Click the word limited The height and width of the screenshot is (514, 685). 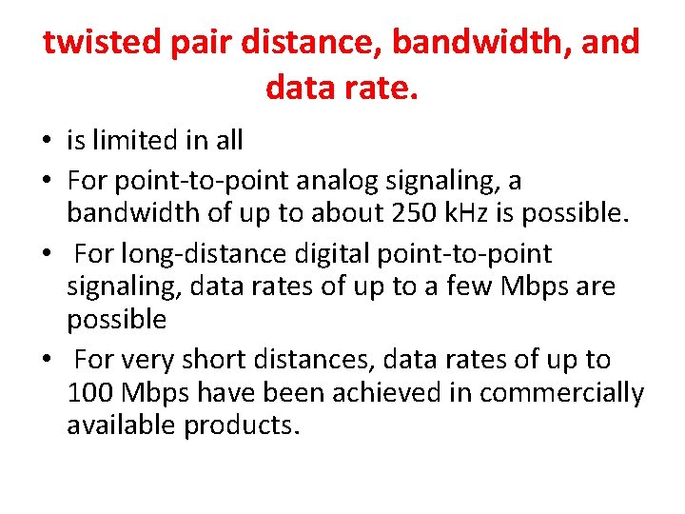(x=130, y=141)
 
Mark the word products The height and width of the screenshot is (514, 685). (x=243, y=425)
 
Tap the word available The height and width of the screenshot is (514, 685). (x=122, y=425)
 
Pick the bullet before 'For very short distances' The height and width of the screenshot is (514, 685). (x=47, y=361)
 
